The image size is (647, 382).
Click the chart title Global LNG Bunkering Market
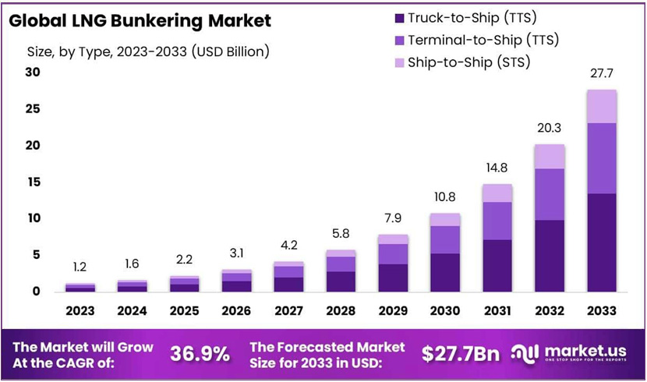pos(140,21)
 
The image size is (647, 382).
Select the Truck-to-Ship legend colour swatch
pos(400,17)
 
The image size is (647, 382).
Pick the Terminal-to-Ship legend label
pos(484,40)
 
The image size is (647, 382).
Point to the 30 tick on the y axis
pos(32,73)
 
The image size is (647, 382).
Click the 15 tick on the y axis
pos(32,182)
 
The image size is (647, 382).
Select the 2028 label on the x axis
pos(341,310)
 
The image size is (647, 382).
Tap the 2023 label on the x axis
pos(80,310)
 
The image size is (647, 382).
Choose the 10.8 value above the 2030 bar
pos(445,196)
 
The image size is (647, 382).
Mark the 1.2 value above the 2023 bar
pos(80,267)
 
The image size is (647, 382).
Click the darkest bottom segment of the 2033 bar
pos(602,242)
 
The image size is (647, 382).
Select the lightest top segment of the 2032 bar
pos(550,157)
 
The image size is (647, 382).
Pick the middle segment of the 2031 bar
pos(497,221)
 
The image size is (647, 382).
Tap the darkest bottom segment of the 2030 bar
pos(445,272)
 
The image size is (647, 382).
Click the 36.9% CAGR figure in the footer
pos(200,353)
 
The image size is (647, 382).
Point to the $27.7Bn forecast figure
pos(460,353)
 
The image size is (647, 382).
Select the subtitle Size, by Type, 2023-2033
pos(148,52)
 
